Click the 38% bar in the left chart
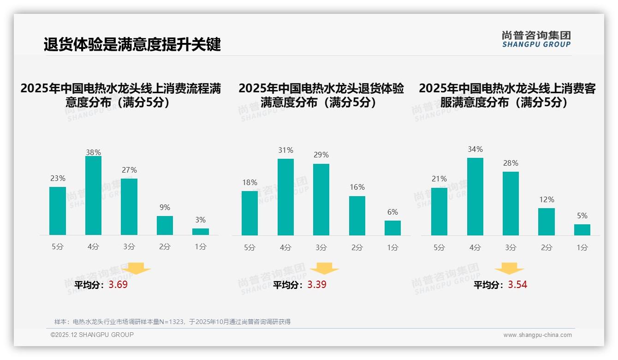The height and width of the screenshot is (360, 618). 93,196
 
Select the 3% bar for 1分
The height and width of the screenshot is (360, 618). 201,232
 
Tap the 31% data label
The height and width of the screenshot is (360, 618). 285,150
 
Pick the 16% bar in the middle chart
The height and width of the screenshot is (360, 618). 357,216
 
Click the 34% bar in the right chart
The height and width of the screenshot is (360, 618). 475,197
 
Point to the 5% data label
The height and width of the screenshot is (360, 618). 582,216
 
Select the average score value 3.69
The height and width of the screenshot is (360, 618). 118,285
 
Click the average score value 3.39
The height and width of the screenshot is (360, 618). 317,285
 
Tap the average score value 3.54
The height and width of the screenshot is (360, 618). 517,285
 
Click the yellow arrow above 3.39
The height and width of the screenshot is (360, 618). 325,269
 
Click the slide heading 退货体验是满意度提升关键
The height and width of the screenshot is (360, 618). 132,45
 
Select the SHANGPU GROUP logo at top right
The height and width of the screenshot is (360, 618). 536,39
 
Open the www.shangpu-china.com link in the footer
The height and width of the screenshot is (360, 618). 537,335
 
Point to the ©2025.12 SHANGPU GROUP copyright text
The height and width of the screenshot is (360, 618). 92,335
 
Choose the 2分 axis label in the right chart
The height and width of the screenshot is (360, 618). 547,248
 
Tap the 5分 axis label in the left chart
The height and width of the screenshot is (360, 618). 58,247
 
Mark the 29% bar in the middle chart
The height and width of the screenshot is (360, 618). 321,199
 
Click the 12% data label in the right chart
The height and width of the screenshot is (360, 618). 547,200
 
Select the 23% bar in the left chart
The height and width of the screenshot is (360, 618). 58,211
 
